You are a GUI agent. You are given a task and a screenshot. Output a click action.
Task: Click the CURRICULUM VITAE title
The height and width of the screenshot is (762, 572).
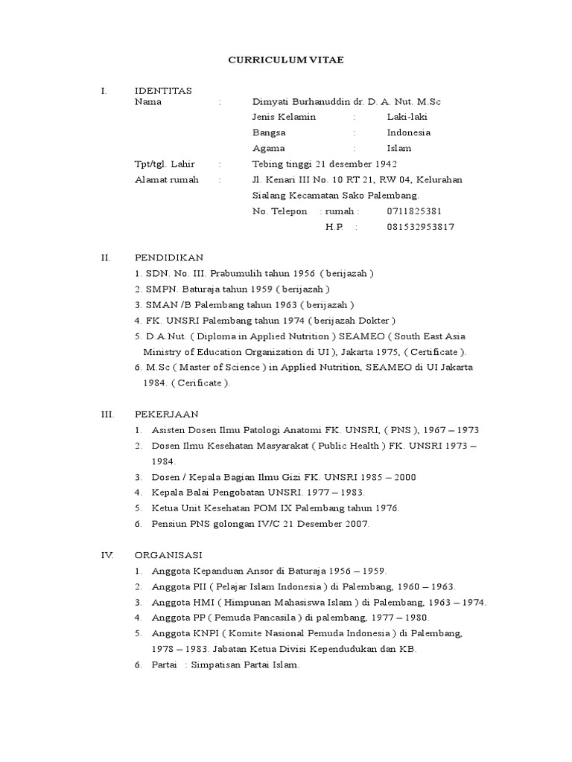pyautogui.click(x=286, y=60)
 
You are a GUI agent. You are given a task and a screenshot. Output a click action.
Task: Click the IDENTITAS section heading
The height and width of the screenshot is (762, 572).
pyautogui.click(x=163, y=91)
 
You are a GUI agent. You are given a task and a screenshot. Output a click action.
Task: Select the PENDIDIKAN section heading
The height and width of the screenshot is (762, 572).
pyautogui.click(x=168, y=257)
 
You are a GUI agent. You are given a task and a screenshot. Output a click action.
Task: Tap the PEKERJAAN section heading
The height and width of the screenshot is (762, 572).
pyautogui.click(x=167, y=414)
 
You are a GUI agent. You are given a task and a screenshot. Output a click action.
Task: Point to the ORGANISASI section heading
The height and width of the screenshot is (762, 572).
pyautogui.click(x=168, y=555)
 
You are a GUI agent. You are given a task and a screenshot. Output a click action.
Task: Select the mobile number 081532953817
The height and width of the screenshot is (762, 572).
pyautogui.click(x=420, y=227)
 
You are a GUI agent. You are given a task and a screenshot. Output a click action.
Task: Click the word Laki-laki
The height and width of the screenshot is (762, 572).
pyautogui.click(x=407, y=117)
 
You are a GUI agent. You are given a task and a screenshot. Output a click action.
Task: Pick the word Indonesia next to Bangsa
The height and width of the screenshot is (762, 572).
pyautogui.click(x=408, y=132)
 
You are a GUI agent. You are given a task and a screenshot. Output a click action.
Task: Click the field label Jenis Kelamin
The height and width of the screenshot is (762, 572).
pyautogui.click(x=285, y=117)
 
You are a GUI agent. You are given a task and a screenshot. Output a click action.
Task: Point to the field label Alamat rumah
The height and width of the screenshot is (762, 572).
pyautogui.click(x=167, y=179)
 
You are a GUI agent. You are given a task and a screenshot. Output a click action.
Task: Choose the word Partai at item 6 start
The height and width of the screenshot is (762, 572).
pyautogui.click(x=164, y=665)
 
